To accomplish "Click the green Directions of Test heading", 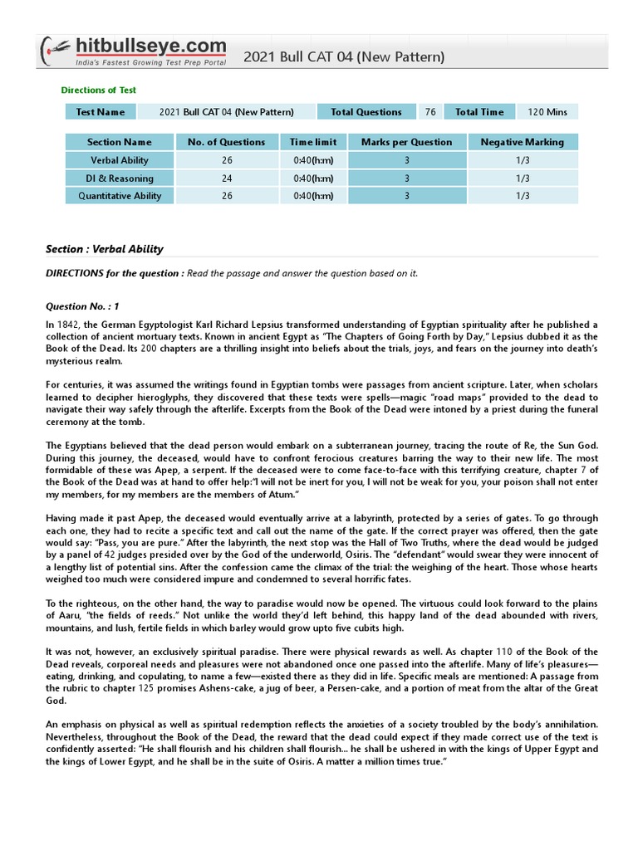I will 99,90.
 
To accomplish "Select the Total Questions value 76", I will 429,112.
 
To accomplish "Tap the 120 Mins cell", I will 547,112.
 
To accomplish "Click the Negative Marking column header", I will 522,142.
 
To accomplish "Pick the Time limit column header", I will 313,142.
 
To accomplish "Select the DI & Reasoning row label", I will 120,178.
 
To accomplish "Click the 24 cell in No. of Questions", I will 226,178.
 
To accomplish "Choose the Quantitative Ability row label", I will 120,196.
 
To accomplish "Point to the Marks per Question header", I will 406,142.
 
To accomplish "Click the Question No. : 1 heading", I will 82,306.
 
